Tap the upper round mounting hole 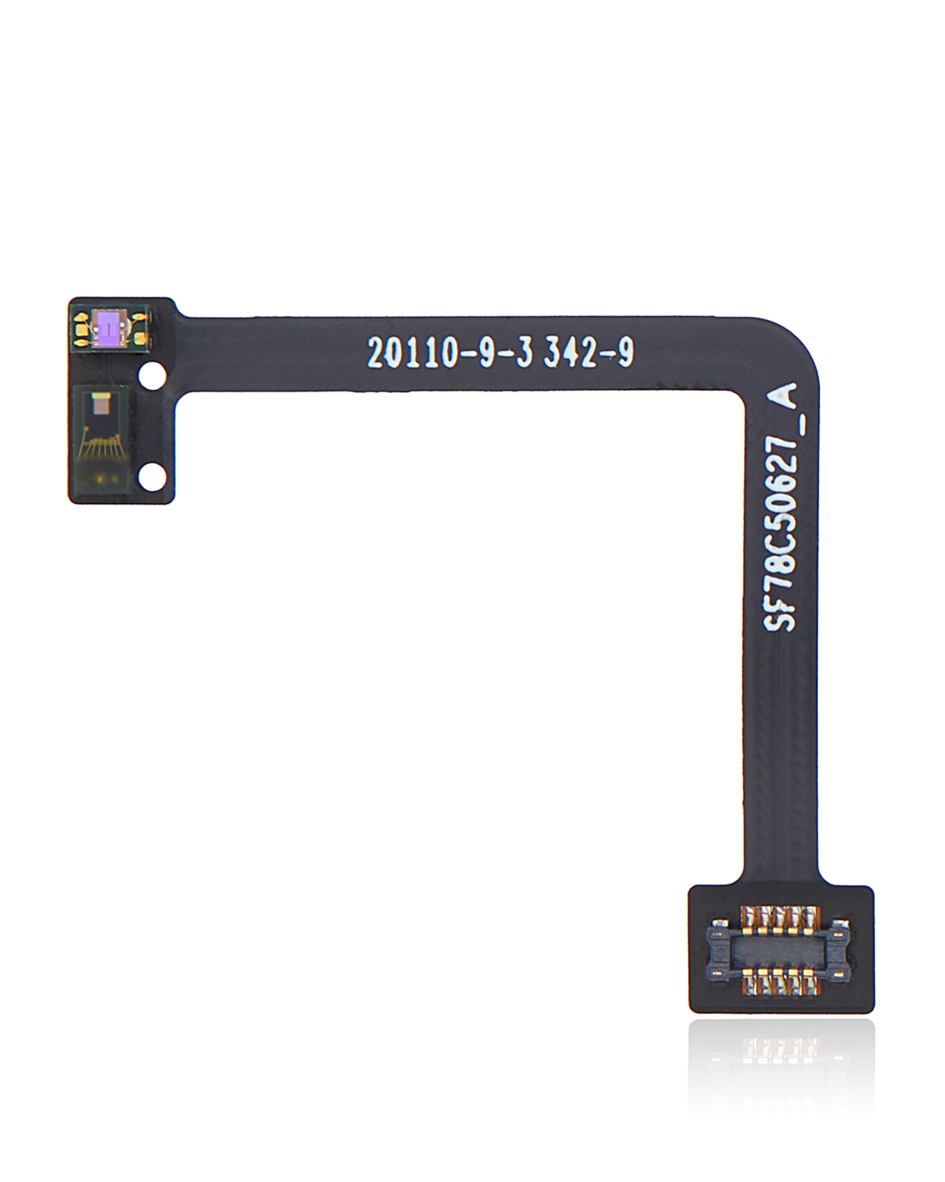point(152,376)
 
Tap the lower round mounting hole point(152,477)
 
